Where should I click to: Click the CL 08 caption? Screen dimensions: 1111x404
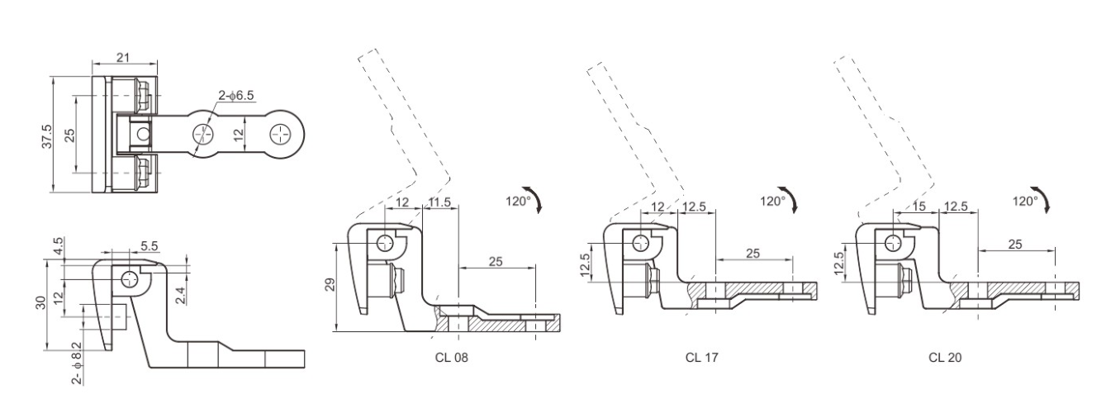point(451,358)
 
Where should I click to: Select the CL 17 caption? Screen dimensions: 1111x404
point(701,358)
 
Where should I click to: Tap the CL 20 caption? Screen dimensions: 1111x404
point(945,358)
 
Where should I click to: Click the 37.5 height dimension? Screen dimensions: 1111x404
point(47,136)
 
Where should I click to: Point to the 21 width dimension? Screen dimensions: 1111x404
point(123,58)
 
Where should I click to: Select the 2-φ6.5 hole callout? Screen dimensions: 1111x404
point(236,95)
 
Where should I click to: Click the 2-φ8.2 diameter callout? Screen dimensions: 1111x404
point(77,364)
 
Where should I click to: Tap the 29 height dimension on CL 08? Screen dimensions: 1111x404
point(330,284)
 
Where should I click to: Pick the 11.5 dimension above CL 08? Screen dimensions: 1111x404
point(439,202)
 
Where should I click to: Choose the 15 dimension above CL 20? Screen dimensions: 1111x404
point(919,207)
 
